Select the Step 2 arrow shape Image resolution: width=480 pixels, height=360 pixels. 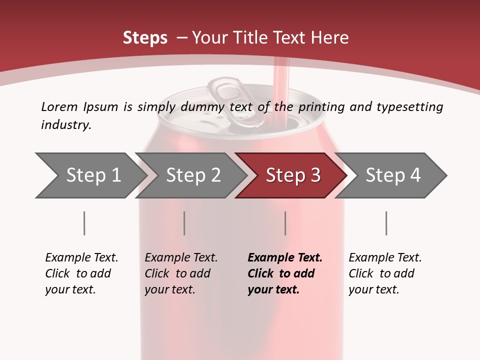pos(190,175)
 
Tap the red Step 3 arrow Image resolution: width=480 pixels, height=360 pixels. pos(291,175)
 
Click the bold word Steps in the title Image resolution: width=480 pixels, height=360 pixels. pos(145,38)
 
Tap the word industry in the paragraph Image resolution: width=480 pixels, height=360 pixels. pos(66,125)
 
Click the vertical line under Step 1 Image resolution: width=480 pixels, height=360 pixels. pos(84,223)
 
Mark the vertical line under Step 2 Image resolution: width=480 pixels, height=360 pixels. pos(184,223)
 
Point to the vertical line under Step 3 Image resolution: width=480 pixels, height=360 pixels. pos(285,223)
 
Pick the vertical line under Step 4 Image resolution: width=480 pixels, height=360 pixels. pos(386,223)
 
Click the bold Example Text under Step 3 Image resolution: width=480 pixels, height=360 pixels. pos(285,273)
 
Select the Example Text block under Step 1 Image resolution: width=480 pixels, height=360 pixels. pos(81,273)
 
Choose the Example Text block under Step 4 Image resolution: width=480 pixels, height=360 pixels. pos(385,273)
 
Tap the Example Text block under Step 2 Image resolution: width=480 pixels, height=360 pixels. pos(181,273)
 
